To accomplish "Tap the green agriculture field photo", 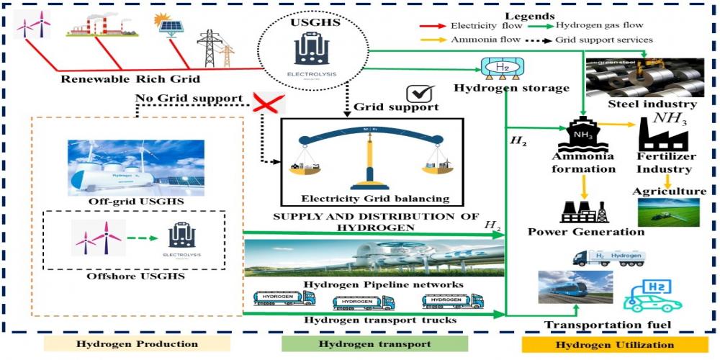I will click(x=667, y=213).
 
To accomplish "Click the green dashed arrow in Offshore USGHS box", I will click(x=141, y=235).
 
